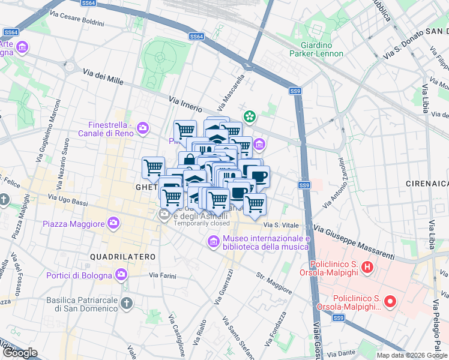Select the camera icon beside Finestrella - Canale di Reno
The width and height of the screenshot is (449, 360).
click(143, 127)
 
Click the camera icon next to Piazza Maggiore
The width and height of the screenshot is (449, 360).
click(113, 224)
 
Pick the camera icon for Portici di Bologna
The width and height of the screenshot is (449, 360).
click(122, 275)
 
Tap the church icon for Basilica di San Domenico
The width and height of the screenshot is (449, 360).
click(126, 304)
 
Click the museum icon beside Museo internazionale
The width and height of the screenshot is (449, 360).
click(212, 242)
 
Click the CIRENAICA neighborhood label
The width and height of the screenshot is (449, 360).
click(426, 182)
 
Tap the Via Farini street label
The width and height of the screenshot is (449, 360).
click(163, 275)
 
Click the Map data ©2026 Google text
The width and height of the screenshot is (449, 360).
click(412, 355)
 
